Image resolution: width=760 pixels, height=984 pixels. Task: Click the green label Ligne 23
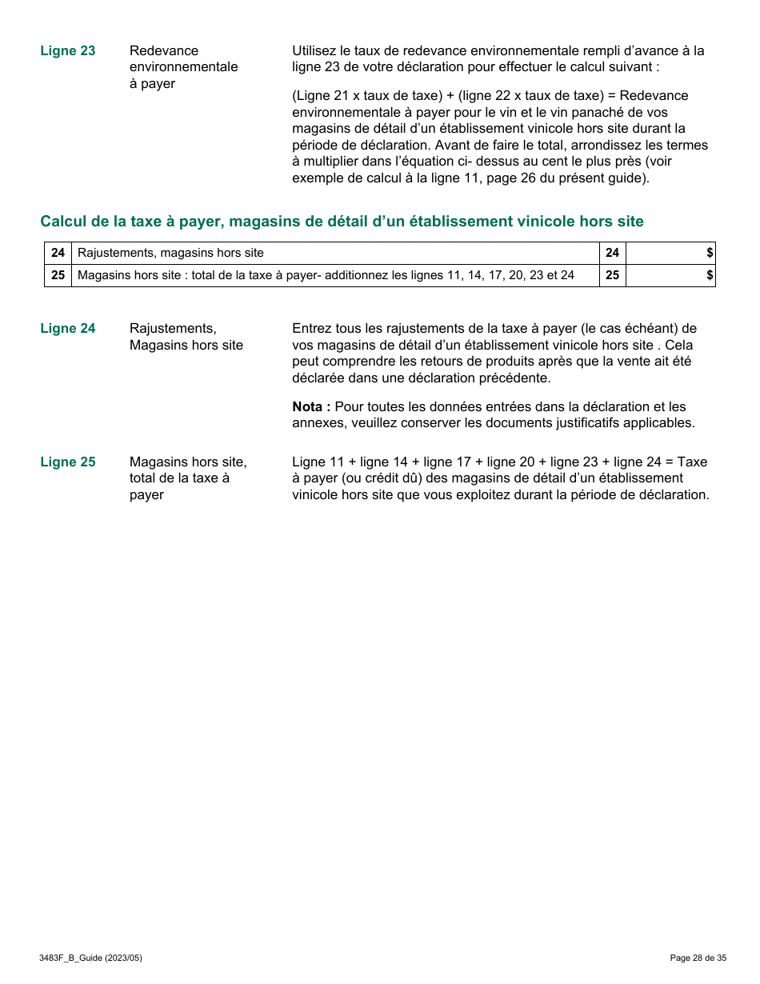click(67, 51)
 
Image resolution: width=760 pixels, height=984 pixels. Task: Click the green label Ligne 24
click(67, 329)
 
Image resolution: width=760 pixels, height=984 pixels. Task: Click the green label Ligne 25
click(67, 462)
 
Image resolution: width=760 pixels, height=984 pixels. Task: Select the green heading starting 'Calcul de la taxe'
click(342, 222)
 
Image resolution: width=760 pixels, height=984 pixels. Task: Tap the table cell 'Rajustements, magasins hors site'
click(170, 253)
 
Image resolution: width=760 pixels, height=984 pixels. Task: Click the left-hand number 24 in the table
click(58, 253)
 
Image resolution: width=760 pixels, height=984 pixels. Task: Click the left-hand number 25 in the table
click(58, 275)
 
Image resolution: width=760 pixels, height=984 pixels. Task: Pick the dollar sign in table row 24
click(710, 253)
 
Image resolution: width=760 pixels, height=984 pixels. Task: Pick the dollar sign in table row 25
click(710, 275)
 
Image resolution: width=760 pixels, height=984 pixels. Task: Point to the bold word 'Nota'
click(310, 407)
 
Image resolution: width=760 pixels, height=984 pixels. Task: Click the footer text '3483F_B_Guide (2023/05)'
click(90, 958)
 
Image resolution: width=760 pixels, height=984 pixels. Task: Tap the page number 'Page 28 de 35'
click(698, 958)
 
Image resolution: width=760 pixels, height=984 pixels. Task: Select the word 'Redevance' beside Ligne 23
click(164, 51)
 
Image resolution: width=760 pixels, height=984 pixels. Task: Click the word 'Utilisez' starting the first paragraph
click(317, 51)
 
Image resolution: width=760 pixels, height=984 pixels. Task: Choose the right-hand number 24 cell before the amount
click(612, 253)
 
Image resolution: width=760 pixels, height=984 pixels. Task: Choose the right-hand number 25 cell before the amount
click(612, 275)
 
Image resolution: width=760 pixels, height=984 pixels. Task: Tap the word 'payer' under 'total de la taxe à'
click(146, 495)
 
